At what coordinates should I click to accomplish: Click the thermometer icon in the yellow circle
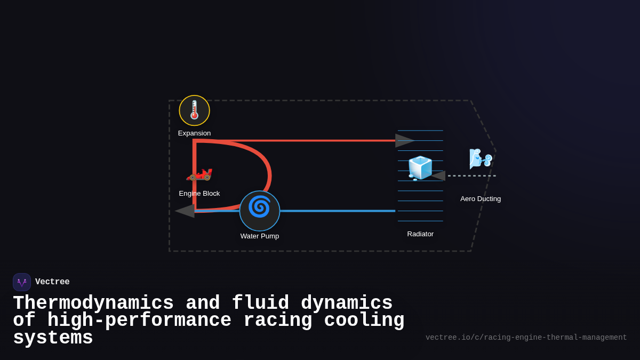click(194, 110)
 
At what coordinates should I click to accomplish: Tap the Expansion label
click(194, 133)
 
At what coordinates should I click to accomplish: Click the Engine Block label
click(199, 194)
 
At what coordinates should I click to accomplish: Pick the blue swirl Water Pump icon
click(260, 207)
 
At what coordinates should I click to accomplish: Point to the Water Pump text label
click(260, 236)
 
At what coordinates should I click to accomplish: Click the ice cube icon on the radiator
click(420, 168)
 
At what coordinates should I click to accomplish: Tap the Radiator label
click(420, 234)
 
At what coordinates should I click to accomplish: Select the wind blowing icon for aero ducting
click(480, 158)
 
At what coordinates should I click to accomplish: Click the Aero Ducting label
click(481, 199)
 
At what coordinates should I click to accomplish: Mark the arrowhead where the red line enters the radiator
click(404, 141)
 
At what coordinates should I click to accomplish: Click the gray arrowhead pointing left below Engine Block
click(186, 211)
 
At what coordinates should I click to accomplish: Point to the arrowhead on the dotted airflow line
click(438, 175)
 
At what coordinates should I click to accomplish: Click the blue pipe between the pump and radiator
click(336, 211)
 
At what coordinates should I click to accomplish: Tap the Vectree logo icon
click(22, 282)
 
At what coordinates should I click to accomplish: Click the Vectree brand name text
click(52, 282)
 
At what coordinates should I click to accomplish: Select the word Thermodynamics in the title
click(93, 303)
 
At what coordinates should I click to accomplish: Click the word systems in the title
click(53, 338)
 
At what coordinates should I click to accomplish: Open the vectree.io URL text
click(526, 338)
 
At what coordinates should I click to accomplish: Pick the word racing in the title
click(278, 321)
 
